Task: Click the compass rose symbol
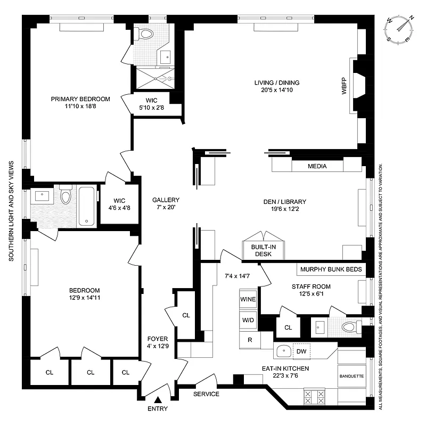pyautogui.click(x=401, y=29)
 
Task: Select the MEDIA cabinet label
pyautogui.click(x=317, y=166)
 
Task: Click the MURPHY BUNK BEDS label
pyautogui.click(x=331, y=269)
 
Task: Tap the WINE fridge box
pyautogui.click(x=248, y=299)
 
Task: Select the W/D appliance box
pyautogui.click(x=248, y=321)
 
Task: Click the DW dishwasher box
pyautogui.click(x=301, y=351)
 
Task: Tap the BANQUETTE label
pyautogui.click(x=351, y=376)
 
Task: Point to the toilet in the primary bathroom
pyautogui.click(x=143, y=34)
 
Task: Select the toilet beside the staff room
pyautogui.click(x=349, y=327)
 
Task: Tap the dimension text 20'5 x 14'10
pyautogui.click(x=276, y=91)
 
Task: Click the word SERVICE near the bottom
pyautogui.click(x=206, y=394)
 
